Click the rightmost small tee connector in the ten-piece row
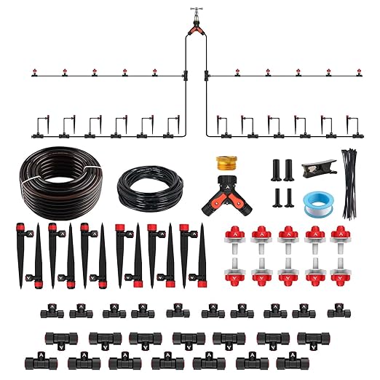(336, 312)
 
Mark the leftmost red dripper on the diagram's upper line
(33, 72)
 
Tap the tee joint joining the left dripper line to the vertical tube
(186, 75)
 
